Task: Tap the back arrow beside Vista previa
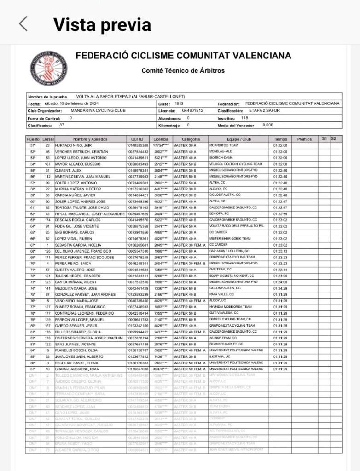click(x=23, y=24)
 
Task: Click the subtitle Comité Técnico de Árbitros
click(x=183, y=71)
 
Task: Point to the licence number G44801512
click(x=192, y=111)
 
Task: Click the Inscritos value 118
click(x=244, y=118)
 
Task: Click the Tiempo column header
click(x=280, y=139)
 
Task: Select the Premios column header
click(x=304, y=139)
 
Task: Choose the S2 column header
click(x=333, y=138)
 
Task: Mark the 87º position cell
click(x=33, y=369)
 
